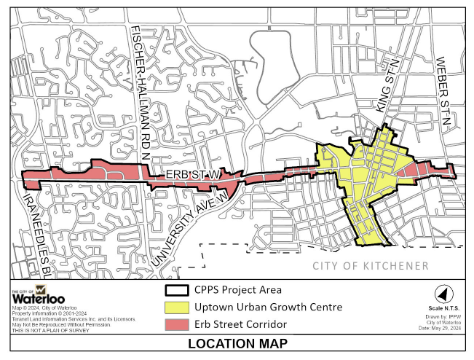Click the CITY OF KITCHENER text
pyautogui.click(x=371, y=266)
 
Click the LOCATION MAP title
pyautogui.click(x=237, y=344)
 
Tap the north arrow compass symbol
pyautogui.click(x=441, y=294)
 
